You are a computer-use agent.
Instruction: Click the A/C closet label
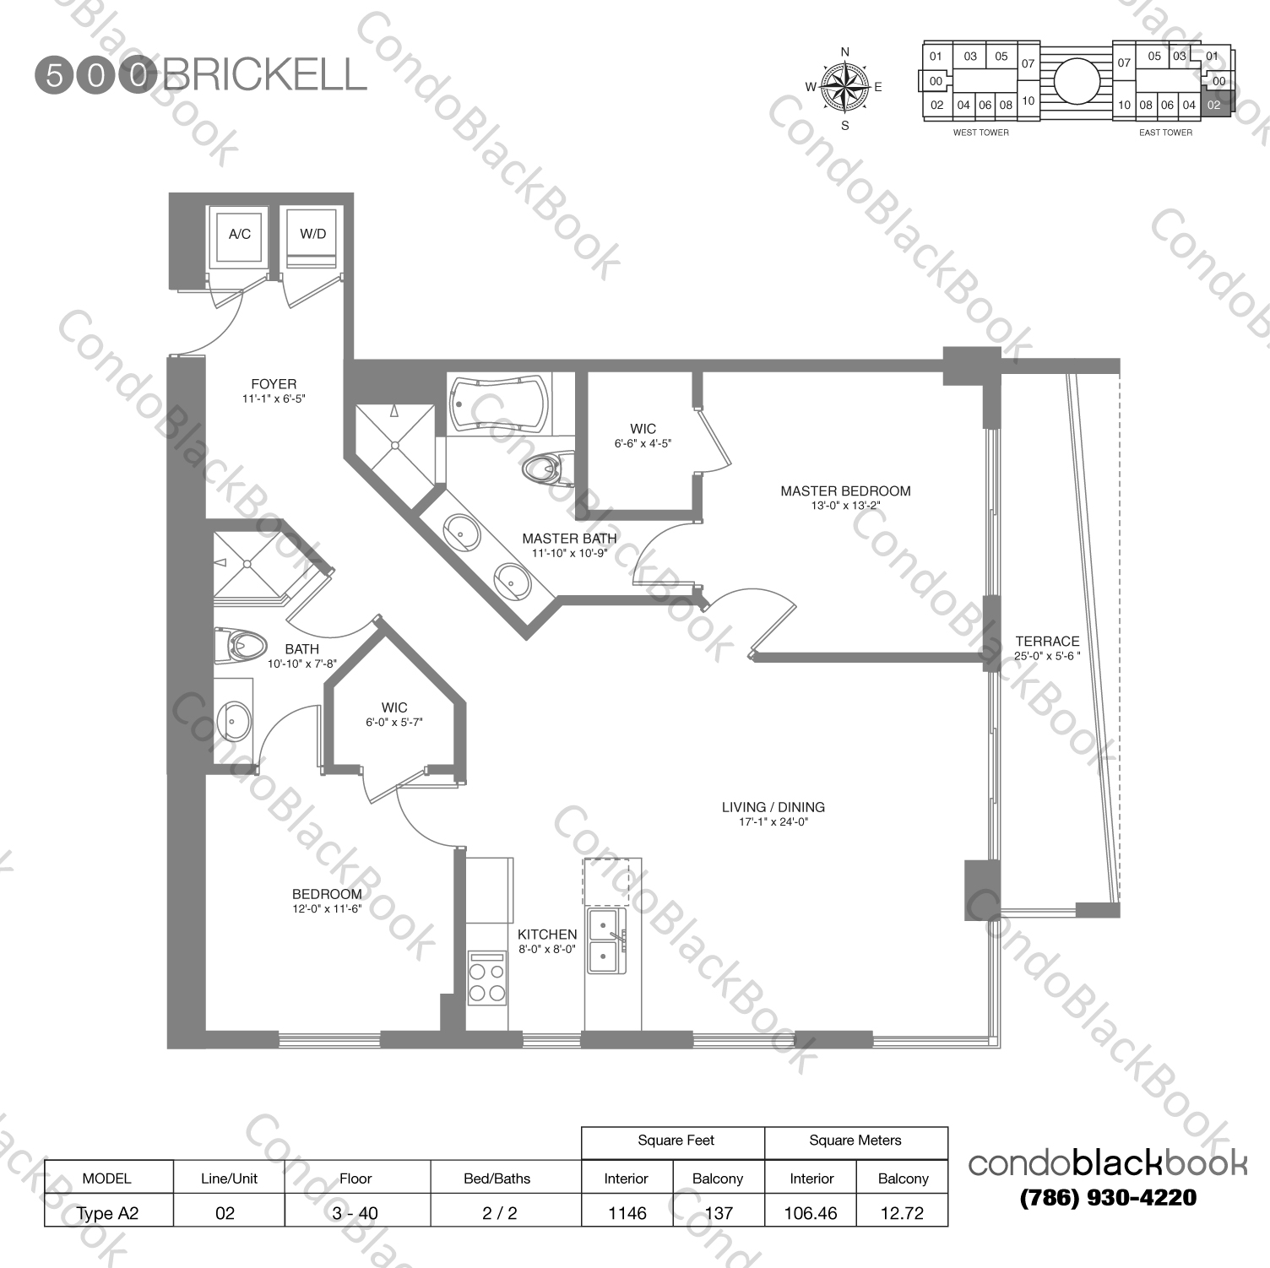(239, 234)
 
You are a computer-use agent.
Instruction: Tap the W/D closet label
(312, 234)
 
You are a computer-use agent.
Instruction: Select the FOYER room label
(273, 384)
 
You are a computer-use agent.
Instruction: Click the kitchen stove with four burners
(486, 977)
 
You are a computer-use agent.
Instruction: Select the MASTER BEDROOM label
(845, 490)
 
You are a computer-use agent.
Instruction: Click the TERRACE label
(1047, 641)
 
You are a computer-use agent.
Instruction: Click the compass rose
(845, 88)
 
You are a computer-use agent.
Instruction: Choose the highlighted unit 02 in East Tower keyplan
(1215, 106)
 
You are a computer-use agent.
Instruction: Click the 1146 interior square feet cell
(627, 1213)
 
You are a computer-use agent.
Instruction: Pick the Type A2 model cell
(107, 1213)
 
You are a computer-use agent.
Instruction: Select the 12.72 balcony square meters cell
(902, 1213)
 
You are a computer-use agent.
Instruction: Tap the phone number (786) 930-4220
(1107, 1197)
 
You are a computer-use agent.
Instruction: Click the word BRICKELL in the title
(264, 75)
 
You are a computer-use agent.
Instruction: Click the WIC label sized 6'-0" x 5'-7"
(394, 707)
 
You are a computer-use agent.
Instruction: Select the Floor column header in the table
(355, 1179)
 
